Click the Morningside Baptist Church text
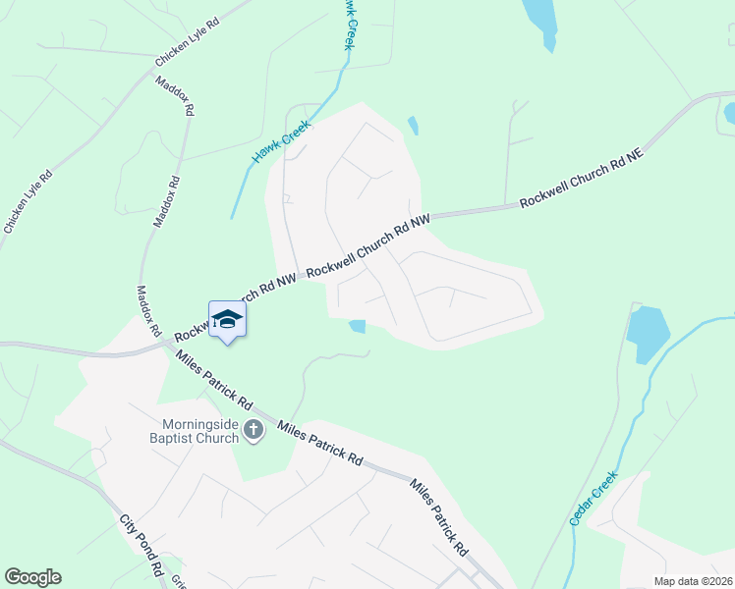(200, 432)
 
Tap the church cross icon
(254, 431)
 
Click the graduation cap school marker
(228, 319)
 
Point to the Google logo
(32, 577)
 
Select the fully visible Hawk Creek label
(281, 141)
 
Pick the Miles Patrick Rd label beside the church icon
(320, 442)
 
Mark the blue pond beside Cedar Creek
(648, 333)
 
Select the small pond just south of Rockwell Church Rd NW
(358, 326)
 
